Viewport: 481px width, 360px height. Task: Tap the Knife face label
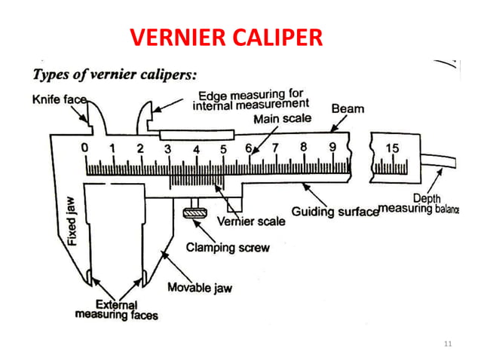pos(60,98)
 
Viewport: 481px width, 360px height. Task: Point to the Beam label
pos(348,108)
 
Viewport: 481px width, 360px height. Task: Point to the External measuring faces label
pos(116,310)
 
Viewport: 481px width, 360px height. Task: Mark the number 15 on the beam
pos(392,148)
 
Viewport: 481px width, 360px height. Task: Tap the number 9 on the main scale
pos(331,148)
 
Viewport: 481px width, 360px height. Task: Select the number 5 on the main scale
pos(223,148)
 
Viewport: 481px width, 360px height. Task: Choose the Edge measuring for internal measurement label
pos(250,100)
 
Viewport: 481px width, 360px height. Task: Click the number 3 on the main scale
pos(167,148)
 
